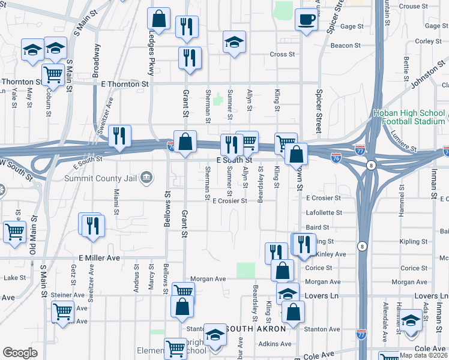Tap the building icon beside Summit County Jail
[x=146, y=178]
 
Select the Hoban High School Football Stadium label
[x=409, y=116]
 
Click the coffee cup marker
[x=306, y=20]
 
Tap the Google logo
[x=20, y=353]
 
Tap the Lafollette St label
[x=324, y=212]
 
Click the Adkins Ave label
[x=274, y=344]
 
